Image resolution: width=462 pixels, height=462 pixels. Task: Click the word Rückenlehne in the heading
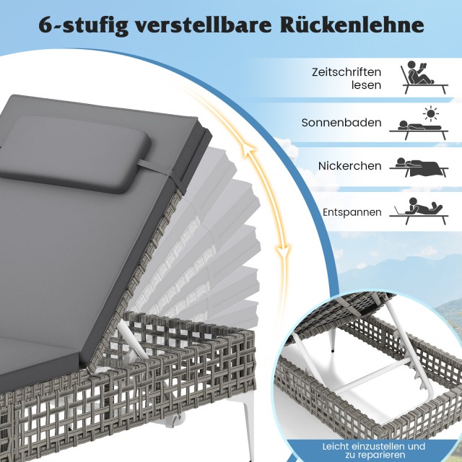pyautogui.click(x=352, y=25)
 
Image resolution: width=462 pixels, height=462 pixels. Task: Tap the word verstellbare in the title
pyautogui.click(x=204, y=25)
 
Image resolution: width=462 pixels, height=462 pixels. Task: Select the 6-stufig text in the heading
pyautogui.click(x=84, y=26)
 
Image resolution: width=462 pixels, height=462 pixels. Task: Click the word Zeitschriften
pyautogui.click(x=346, y=72)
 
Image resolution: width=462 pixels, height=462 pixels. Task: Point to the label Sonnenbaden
pyautogui.click(x=341, y=123)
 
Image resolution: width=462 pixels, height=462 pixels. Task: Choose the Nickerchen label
pyautogui.click(x=349, y=166)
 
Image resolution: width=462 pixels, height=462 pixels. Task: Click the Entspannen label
pyautogui.click(x=352, y=212)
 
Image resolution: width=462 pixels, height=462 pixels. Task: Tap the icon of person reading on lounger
pyautogui.click(x=424, y=77)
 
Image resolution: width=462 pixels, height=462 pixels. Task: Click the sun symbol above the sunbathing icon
pyautogui.click(x=430, y=113)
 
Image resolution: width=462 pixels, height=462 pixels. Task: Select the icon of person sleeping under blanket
pyautogui.click(x=419, y=167)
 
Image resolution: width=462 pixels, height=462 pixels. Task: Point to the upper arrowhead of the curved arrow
pyautogui.click(x=248, y=151)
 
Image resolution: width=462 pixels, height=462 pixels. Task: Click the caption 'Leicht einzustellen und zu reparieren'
pyautogui.click(x=374, y=450)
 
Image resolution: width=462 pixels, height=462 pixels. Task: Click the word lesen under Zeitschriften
pyautogui.click(x=366, y=85)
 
